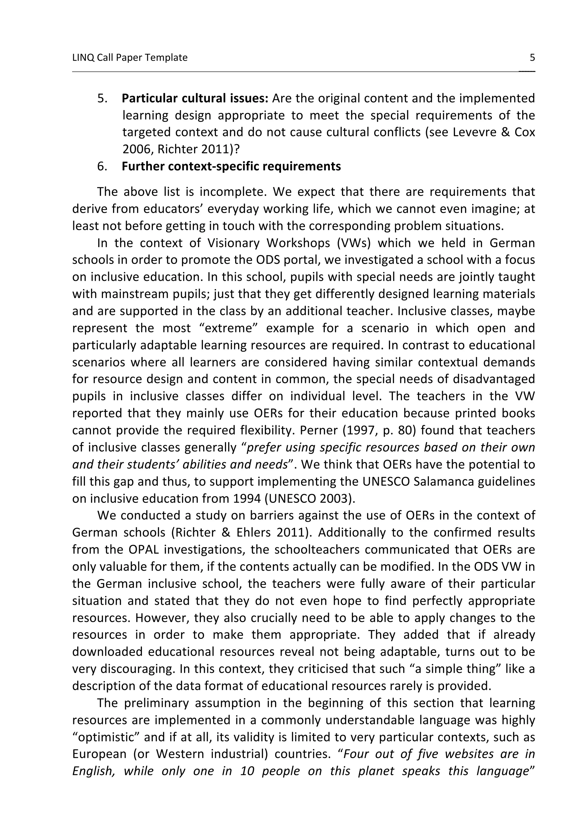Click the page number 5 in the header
coord(532,57)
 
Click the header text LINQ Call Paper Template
coord(130,57)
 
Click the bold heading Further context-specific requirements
coord(231,166)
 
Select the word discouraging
coord(138,669)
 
